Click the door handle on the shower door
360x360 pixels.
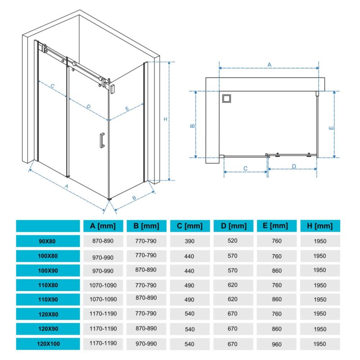click(x=102, y=140)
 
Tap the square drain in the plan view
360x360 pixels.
click(x=226, y=99)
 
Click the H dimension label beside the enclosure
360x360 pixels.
click(x=165, y=119)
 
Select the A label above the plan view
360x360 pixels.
click(x=269, y=65)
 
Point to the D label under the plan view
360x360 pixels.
click(x=294, y=166)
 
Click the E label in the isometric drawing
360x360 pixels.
click(x=127, y=108)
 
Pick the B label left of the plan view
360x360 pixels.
click(x=193, y=126)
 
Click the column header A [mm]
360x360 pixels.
click(x=103, y=226)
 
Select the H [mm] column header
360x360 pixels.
click(x=320, y=226)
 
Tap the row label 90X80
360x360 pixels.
click(x=47, y=241)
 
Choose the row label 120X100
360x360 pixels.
click(x=48, y=344)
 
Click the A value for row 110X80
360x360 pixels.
click(x=103, y=285)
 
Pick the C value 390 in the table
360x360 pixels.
click(x=189, y=241)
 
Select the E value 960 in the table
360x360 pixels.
click(x=276, y=344)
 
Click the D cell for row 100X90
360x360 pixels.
click(x=233, y=270)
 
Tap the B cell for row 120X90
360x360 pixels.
click(x=146, y=328)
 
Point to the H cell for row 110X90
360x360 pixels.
click(x=320, y=300)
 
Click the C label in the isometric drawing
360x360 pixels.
click(x=53, y=86)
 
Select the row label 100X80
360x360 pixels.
click(x=48, y=256)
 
